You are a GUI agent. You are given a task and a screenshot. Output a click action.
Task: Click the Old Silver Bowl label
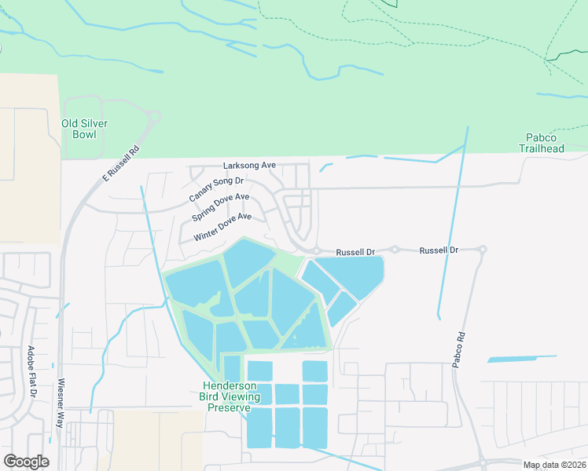tap(84, 129)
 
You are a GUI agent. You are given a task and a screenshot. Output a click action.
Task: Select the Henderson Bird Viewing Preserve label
tap(230, 396)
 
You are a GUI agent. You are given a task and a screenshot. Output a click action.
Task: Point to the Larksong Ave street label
tap(249, 166)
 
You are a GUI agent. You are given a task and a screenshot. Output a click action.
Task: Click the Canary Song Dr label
tap(216, 187)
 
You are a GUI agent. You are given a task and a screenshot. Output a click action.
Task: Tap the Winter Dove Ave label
tap(222, 227)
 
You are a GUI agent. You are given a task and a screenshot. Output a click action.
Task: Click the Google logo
tap(26, 462)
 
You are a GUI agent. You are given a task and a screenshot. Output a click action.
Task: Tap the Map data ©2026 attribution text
tap(554, 465)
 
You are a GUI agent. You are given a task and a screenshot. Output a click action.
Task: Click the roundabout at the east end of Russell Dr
tap(482, 250)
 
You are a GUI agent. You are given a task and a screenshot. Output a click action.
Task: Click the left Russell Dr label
tap(355, 252)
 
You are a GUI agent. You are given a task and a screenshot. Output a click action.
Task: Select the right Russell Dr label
tap(439, 250)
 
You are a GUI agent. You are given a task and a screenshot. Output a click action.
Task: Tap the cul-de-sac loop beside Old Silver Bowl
tap(153, 117)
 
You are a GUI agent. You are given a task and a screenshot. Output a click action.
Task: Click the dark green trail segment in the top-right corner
tap(568, 55)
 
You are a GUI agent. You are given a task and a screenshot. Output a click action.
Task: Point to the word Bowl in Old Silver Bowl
tap(84, 134)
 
